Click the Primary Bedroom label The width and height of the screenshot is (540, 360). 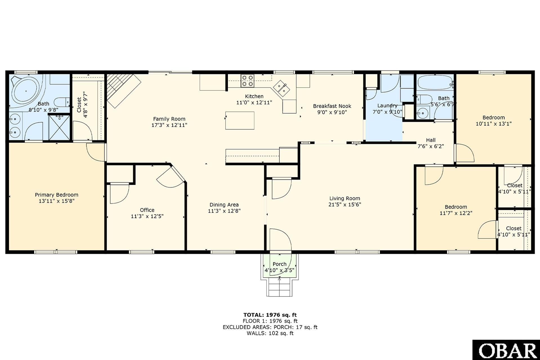[57, 195]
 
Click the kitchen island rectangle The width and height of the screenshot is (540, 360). [240, 120]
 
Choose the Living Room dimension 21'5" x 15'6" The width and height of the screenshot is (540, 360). [345, 204]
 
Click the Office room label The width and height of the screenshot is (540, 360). [147, 210]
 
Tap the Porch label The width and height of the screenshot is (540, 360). [279, 264]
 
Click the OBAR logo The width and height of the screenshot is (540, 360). [506, 350]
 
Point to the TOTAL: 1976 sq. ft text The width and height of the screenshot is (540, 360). [270, 315]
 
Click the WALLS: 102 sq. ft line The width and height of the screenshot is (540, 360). [270, 333]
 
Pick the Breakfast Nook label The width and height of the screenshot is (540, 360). [332, 106]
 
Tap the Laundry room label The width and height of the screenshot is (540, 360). [387, 105]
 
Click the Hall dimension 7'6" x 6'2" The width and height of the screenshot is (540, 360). [431, 146]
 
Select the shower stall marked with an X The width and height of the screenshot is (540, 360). [59, 127]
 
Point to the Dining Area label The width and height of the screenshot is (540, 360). [224, 204]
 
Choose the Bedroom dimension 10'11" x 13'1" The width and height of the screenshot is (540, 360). [494, 123]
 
